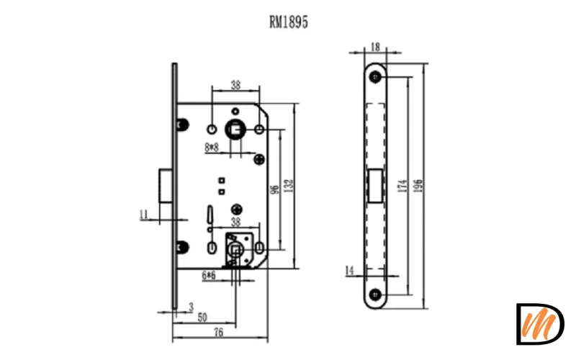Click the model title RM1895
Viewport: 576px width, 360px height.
point(289,22)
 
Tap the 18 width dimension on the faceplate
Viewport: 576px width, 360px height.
point(375,47)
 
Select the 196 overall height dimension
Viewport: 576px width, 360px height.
point(418,186)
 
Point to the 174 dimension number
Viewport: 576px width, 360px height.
point(402,186)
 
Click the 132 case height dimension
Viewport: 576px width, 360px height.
point(289,186)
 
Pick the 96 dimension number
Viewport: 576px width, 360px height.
point(274,189)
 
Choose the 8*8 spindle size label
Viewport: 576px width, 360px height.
point(212,148)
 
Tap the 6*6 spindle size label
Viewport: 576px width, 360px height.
point(209,276)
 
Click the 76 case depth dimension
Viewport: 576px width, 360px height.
point(219,333)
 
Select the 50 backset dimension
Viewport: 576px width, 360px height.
point(202,318)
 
